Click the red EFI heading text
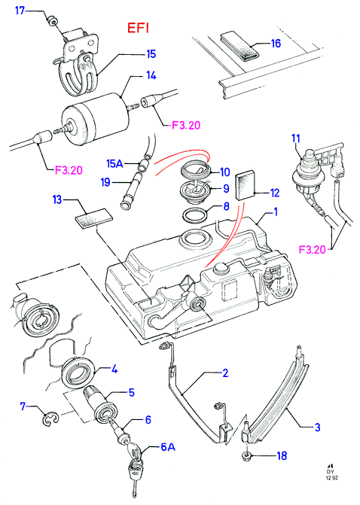pyautogui.click(x=139, y=28)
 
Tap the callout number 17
pyautogui.click(x=20, y=11)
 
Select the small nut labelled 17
pyautogui.click(x=52, y=21)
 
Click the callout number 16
pyautogui.click(x=276, y=43)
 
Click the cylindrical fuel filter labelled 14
pyautogui.click(x=96, y=117)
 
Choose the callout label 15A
pyautogui.click(x=115, y=163)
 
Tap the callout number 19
pyautogui.click(x=105, y=182)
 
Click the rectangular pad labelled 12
pyautogui.click(x=246, y=187)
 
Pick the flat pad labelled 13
pyautogui.click(x=94, y=218)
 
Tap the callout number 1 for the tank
pyautogui.click(x=276, y=212)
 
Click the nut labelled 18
pyautogui.click(x=247, y=455)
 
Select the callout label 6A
pyautogui.click(x=168, y=447)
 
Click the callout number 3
pyautogui.click(x=318, y=427)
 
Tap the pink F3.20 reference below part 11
pyautogui.click(x=313, y=250)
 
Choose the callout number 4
pyautogui.click(x=114, y=369)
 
